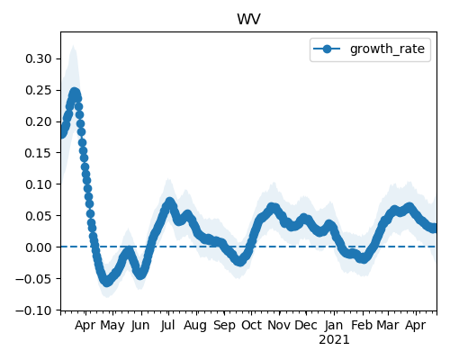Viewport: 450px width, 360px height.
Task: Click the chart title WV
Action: [248, 20]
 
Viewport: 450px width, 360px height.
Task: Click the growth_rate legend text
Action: [387, 49]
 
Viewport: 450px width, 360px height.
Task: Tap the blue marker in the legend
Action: [327, 49]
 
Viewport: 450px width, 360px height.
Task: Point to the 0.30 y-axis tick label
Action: [39, 58]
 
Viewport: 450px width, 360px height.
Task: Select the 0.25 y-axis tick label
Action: [39, 90]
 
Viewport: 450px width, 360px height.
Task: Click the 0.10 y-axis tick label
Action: [39, 184]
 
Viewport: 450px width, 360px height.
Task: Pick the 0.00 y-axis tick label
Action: [39, 247]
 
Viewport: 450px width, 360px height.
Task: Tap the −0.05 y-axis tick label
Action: [34, 279]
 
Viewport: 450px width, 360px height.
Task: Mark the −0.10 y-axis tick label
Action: [34, 310]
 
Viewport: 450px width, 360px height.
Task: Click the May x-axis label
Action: [112, 326]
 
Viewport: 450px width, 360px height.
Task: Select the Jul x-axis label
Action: [167, 325]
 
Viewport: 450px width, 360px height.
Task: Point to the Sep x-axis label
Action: [224, 326]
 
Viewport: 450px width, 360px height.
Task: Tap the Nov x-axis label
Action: [279, 325]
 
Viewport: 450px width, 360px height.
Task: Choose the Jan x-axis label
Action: [334, 325]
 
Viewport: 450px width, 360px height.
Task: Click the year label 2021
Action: [334, 340]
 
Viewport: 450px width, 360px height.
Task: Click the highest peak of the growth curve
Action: [75, 93]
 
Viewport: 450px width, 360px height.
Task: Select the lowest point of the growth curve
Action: [107, 282]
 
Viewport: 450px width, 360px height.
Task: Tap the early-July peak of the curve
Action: [170, 202]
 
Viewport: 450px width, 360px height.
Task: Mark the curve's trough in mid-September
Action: [239, 261]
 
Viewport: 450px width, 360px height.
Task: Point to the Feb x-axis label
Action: [362, 325]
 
